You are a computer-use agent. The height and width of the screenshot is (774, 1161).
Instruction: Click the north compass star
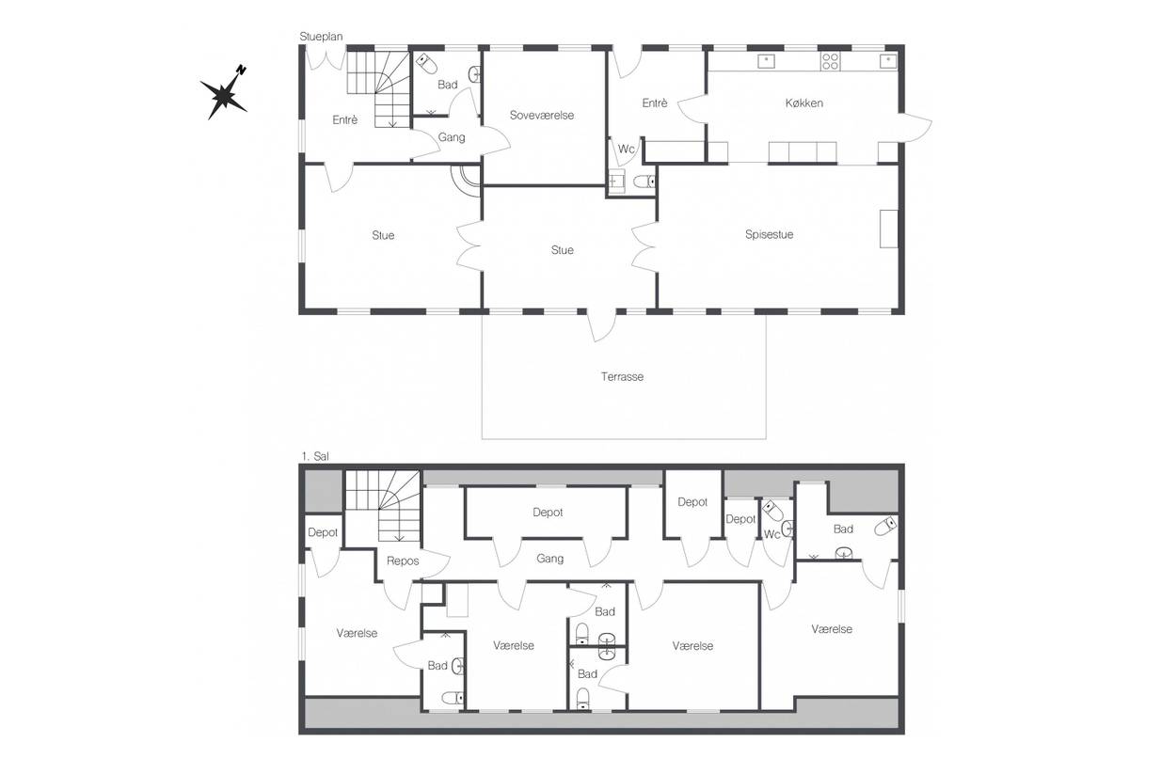click(x=225, y=94)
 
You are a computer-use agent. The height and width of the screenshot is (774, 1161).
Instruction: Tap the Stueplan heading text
click(x=321, y=37)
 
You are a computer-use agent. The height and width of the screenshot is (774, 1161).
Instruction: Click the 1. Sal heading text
click(x=315, y=456)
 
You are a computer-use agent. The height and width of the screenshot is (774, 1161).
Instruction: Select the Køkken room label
click(x=803, y=103)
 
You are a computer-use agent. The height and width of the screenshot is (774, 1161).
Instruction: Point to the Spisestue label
click(x=770, y=234)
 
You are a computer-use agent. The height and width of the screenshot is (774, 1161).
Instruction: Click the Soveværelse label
click(x=542, y=115)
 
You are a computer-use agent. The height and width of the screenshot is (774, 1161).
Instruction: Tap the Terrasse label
click(x=622, y=376)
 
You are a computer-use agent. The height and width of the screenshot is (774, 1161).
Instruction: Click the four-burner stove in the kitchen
click(x=830, y=62)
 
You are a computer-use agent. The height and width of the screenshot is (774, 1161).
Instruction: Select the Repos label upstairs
click(x=403, y=561)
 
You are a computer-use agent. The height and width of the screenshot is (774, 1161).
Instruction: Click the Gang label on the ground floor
click(x=452, y=137)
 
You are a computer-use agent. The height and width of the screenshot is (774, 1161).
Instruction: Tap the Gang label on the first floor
click(x=549, y=559)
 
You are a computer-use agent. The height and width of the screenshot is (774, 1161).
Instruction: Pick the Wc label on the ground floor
click(x=626, y=149)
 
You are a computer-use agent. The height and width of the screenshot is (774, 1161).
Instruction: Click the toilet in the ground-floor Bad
click(x=427, y=64)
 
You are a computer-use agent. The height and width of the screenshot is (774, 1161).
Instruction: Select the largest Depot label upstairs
click(x=548, y=513)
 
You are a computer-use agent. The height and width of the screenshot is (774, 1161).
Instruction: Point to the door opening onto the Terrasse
click(x=601, y=325)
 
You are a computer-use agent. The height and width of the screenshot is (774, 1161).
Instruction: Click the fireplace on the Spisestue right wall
click(x=889, y=229)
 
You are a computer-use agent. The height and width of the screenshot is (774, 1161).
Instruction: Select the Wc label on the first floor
click(x=771, y=534)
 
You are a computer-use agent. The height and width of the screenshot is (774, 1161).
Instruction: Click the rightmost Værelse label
click(x=832, y=629)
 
